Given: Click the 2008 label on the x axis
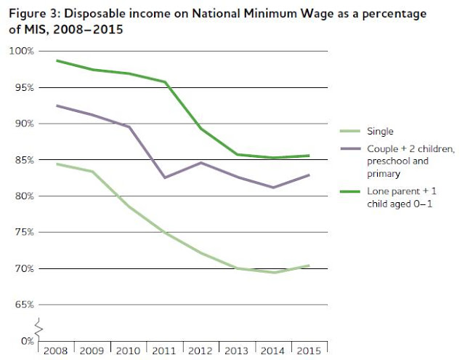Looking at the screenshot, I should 56,351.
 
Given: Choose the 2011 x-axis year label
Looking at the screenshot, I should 165,351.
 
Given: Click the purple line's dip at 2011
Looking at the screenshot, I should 164,177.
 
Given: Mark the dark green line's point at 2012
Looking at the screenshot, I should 201,129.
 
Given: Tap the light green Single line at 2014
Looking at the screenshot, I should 274,272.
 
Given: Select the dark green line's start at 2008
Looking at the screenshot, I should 57,60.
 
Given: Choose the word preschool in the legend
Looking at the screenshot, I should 387,162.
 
